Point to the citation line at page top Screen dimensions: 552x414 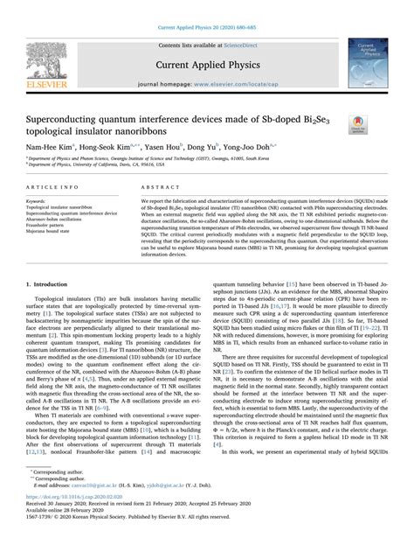point(207,7)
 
